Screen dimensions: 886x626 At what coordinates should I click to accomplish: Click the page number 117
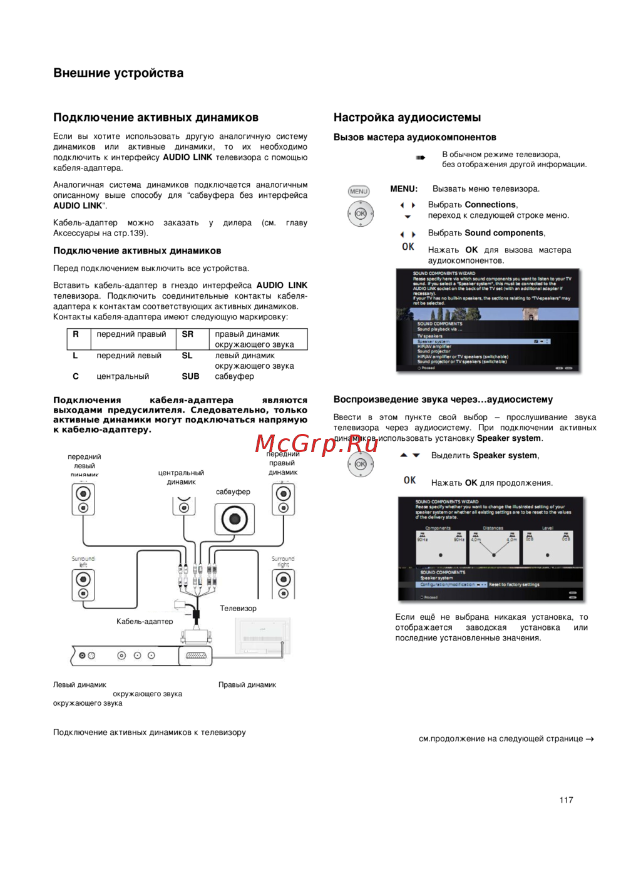(566, 800)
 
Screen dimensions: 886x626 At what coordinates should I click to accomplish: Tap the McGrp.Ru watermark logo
(317, 443)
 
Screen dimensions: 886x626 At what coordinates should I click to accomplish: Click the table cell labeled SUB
(190, 376)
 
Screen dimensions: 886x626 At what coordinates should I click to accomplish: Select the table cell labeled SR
(188, 334)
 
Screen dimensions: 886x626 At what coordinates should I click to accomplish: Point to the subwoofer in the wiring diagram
(234, 519)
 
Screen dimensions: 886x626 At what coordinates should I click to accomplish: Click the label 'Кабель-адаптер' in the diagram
(145, 621)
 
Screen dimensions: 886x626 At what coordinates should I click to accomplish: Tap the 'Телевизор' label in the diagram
(238, 608)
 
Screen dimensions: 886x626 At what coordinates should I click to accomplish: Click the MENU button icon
(359, 192)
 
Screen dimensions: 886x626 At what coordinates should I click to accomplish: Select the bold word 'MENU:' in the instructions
(404, 188)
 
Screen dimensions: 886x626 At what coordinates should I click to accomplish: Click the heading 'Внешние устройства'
(118, 73)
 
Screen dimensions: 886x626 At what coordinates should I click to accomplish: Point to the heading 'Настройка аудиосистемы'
(407, 117)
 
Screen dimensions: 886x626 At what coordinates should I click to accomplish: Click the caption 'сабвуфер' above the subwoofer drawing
(233, 492)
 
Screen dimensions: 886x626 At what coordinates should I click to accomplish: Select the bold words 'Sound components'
(504, 233)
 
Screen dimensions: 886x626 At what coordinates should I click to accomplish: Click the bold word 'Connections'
(490, 205)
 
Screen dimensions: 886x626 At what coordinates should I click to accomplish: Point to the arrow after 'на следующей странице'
(590, 739)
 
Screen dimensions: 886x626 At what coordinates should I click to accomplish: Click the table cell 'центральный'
(123, 376)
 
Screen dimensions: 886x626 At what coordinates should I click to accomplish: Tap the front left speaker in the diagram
(83, 499)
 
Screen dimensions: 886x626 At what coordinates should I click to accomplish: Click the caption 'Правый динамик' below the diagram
(247, 684)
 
